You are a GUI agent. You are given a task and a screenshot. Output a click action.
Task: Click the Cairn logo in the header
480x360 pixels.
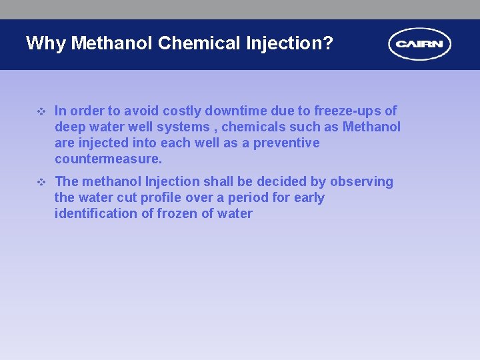click(x=419, y=45)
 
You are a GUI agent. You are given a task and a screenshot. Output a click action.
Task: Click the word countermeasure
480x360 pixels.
click(x=107, y=159)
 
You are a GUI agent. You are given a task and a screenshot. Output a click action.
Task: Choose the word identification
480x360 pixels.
click(x=97, y=213)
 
